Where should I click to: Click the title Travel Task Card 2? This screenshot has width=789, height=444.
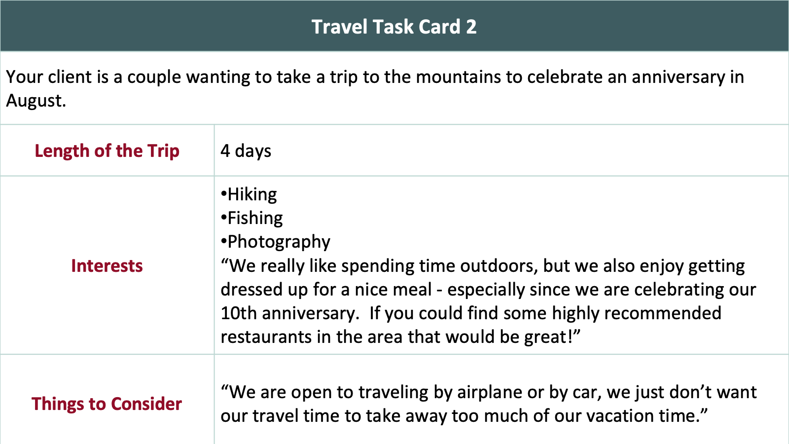pyautogui.click(x=394, y=27)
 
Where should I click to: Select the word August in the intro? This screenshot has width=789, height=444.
pyautogui.click(x=36, y=101)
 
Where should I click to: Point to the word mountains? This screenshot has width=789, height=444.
pyautogui.click(x=458, y=77)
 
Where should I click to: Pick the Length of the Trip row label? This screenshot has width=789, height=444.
pyautogui.click(x=107, y=151)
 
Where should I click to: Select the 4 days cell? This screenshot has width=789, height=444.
pyautogui.click(x=246, y=151)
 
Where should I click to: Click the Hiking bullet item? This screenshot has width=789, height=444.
pyautogui.click(x=249, y=194)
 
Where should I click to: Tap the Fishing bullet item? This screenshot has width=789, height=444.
pyautogui.click(x=251, y=218)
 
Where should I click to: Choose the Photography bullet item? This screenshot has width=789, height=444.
pyautogui.click(x=276, y=242)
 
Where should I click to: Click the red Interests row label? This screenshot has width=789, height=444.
pyautogui.click(x=107, y=266)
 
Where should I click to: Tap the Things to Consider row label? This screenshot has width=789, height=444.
pyautogui.click(x=107, y=404)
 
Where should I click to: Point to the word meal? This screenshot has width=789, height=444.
pyautogui.click(x=412, y=289)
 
